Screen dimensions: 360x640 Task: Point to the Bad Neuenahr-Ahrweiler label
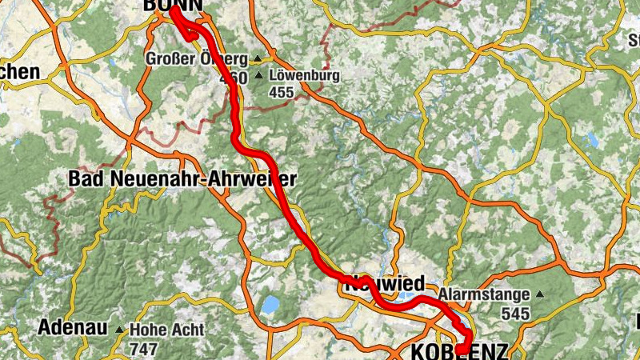[182, 178]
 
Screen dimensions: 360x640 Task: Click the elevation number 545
[516, 313]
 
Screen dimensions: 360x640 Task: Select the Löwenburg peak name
[305, 77]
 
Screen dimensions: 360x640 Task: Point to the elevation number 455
[282, 93]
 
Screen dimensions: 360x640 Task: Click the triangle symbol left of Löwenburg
[258, 77]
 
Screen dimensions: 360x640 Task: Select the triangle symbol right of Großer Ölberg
[257, 59]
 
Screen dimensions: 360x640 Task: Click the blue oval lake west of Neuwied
[270, 304]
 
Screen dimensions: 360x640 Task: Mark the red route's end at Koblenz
[462, 350]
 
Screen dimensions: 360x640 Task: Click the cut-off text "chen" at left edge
[20, 72]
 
